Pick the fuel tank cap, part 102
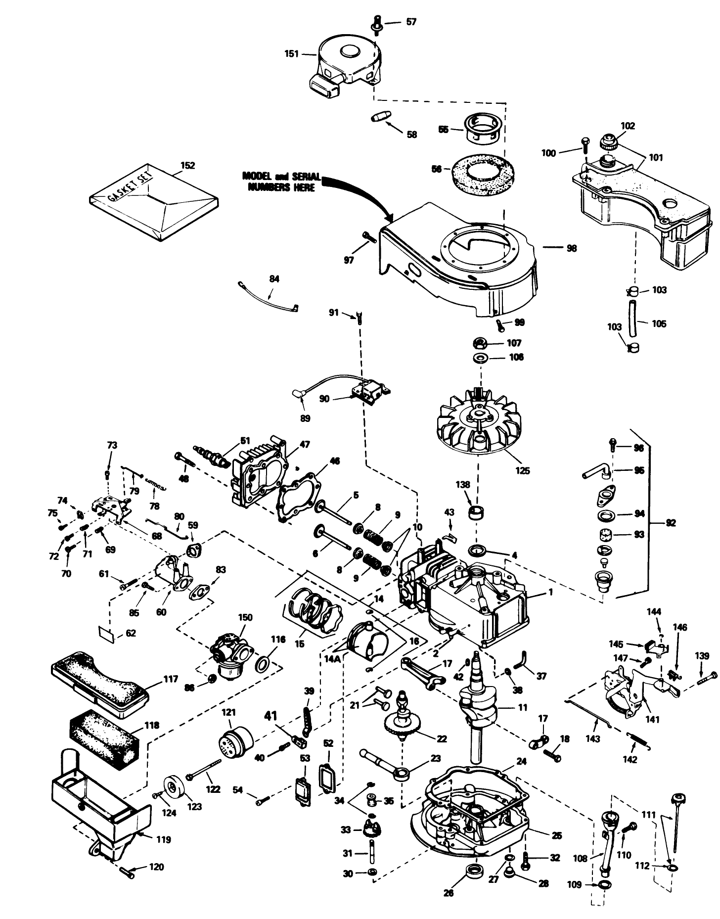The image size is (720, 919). pos(607,143)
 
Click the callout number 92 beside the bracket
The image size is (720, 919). pos(670,523)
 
